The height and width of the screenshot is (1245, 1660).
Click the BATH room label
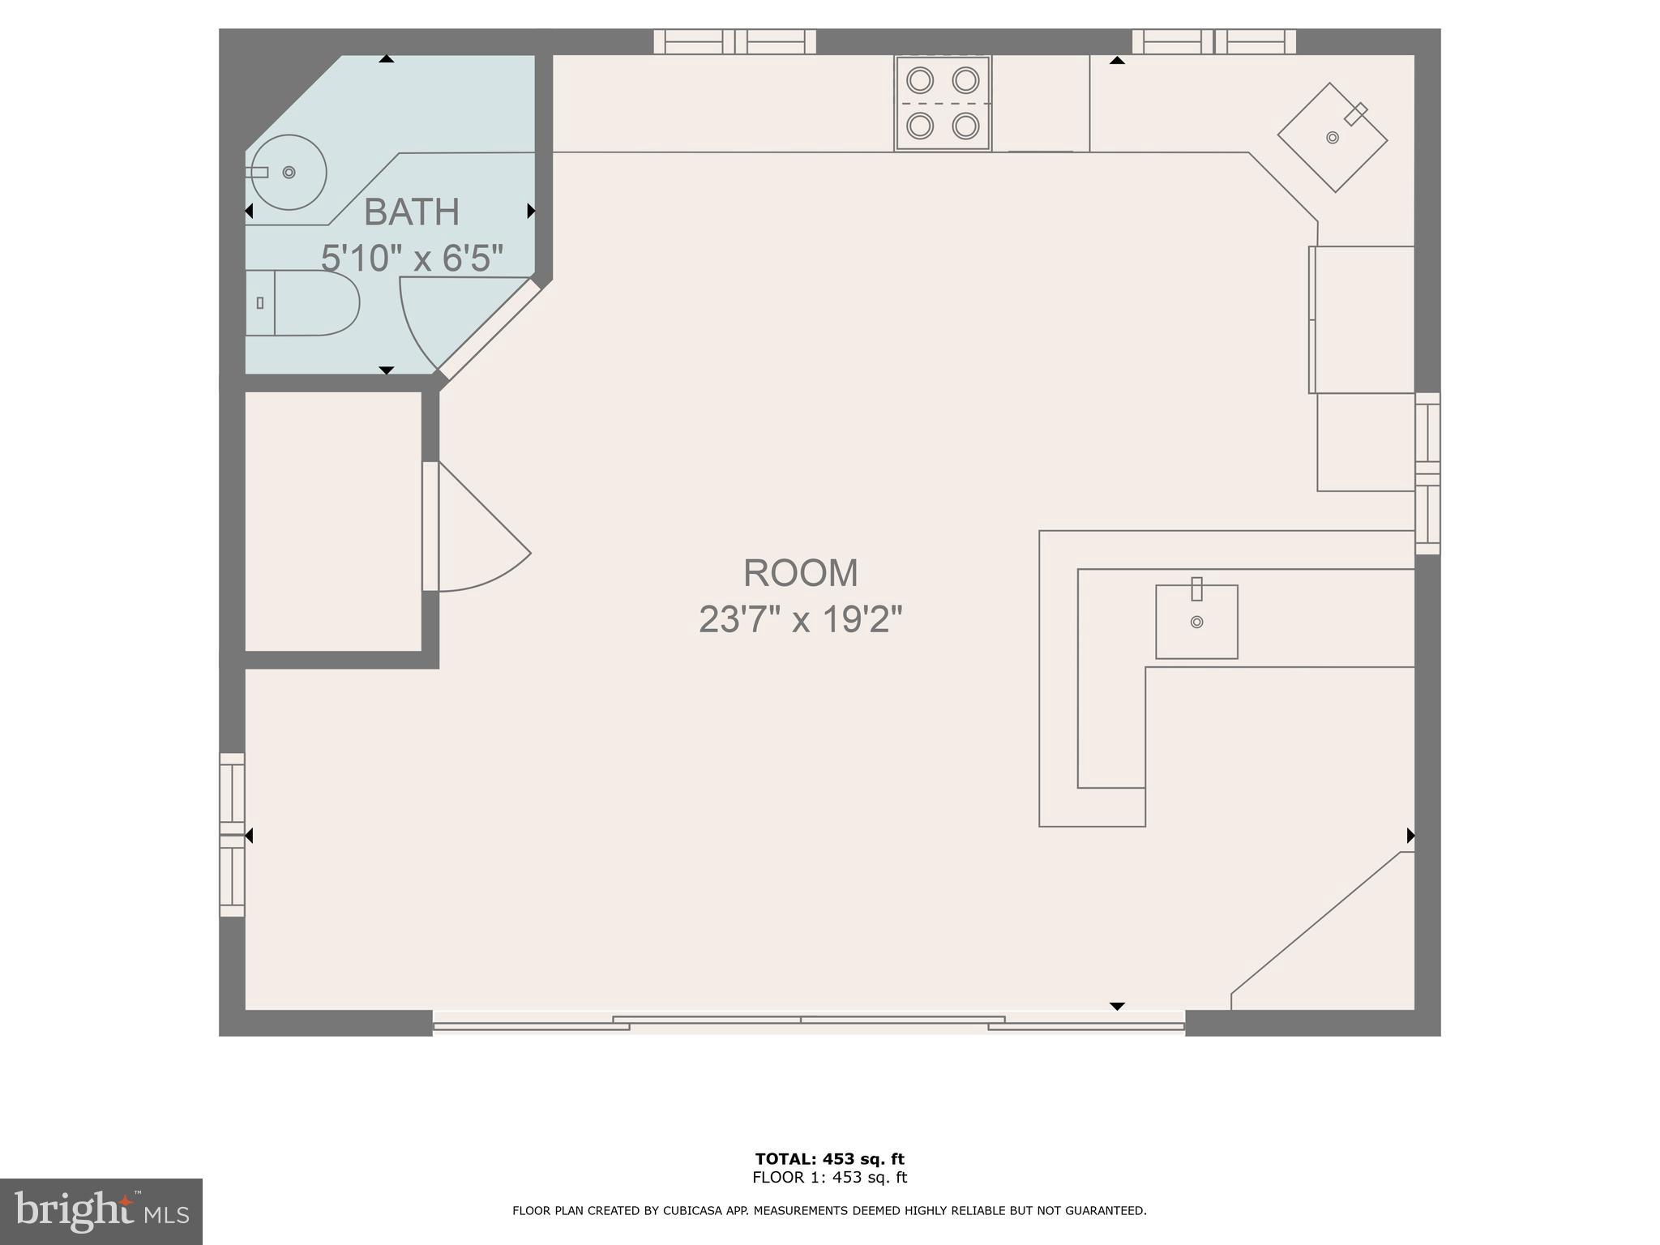coord(412,212)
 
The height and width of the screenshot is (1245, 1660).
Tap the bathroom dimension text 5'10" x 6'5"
coord(412,259)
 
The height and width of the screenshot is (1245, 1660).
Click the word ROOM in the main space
coord(801,573)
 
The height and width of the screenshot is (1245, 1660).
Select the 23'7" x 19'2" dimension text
coord(801,620)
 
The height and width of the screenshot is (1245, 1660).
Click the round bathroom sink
coord(289,173)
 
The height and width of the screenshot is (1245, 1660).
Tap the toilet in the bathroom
coord(302,303)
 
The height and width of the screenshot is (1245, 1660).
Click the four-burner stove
coord(943,103)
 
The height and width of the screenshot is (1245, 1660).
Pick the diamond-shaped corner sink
coord(1333,138)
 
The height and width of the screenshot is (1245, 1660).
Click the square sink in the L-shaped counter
coord(1196,622)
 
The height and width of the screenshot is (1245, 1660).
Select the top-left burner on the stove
coord(920,80)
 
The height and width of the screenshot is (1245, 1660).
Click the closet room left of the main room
coord(333,521)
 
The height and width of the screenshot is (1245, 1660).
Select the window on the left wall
coord(232,835)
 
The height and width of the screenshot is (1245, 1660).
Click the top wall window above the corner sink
coord(1213,41)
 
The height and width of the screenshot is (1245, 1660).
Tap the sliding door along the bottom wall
coord(809,1024)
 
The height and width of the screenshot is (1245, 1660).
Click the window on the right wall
coord(1427,473)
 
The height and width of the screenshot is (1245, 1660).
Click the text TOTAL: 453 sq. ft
coord(829,1159)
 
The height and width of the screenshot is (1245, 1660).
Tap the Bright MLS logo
coord(101,1211)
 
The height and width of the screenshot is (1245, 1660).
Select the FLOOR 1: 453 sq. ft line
coord(829,1178)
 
